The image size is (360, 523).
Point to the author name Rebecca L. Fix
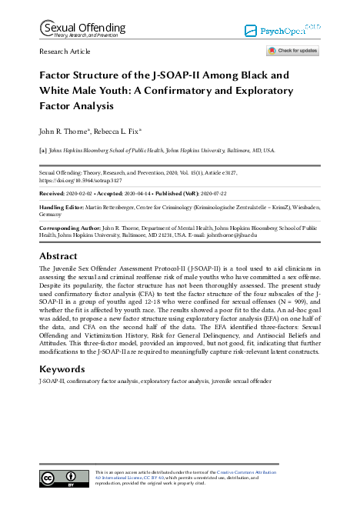coord(125,131)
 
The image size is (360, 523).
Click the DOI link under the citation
coord(83,182)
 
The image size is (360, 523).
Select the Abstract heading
coord(58,255)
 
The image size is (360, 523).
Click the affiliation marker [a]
coord(43,152)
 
